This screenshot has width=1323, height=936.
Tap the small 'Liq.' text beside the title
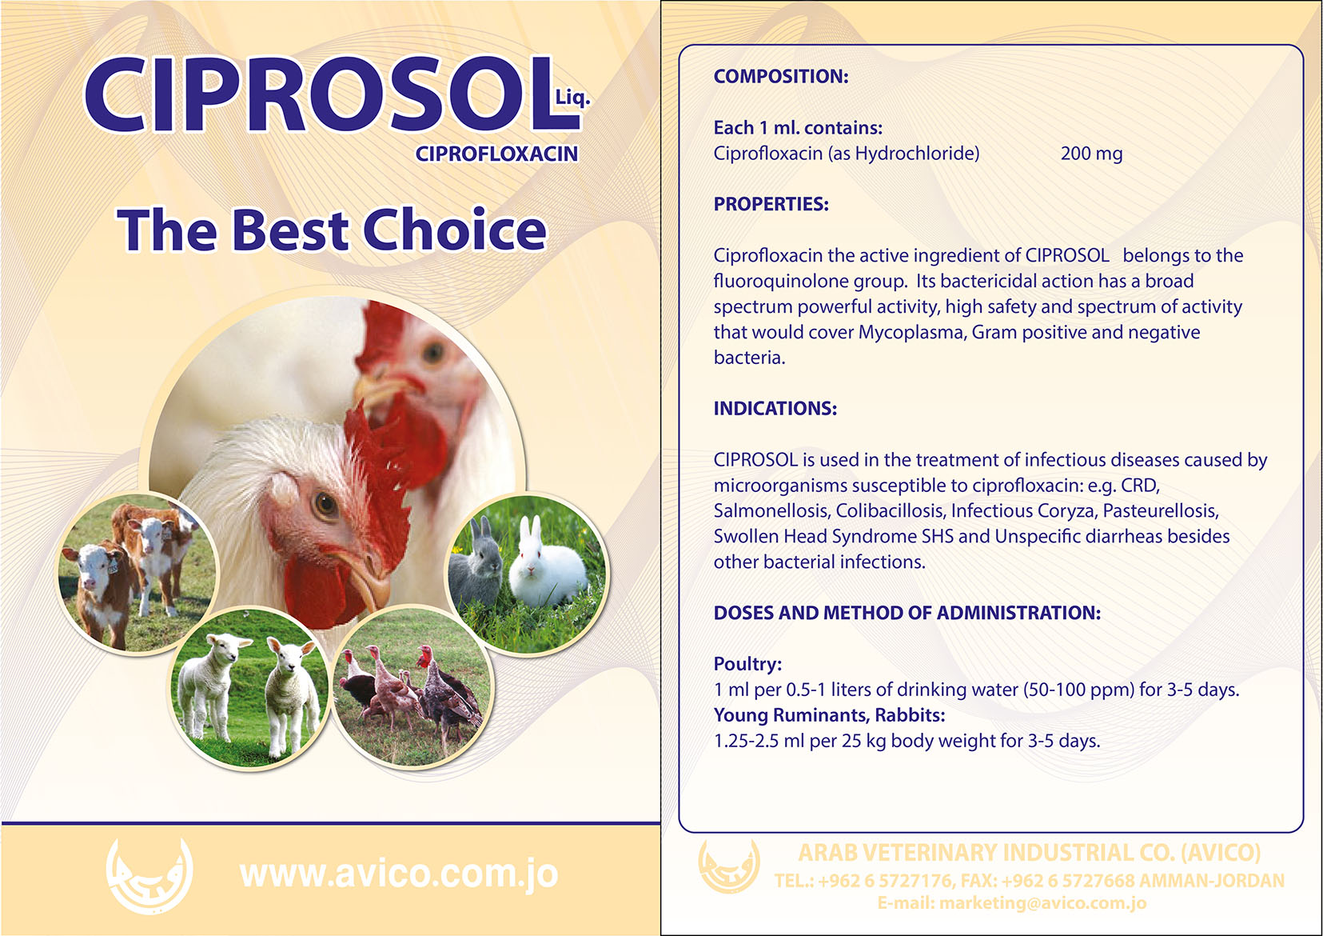pyautogui.click(x=573, y=98)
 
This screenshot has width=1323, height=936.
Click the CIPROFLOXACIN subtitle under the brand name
pyautogui.click(x=496, y=154)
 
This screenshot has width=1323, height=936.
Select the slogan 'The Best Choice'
pyautogui.click(x=331, y=230)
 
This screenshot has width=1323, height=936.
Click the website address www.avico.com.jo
pyautogui.click(x=399, y=875)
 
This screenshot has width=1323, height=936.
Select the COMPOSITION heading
pyautogui.click(x=781, y=76)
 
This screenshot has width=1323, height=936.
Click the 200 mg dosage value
pyautogui.click(x=1091, y=154)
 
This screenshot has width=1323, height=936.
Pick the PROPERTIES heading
pyautogui.click(x=771, y=204)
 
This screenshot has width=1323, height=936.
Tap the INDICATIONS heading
pyautogui.click(x=775, y=408)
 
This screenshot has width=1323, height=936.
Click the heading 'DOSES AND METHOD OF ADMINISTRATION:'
pyautogui.click(x=907, y=613)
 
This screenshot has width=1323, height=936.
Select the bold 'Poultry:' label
pyautogui.click(x=747, y=664)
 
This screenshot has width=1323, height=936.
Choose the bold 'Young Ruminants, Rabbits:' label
pyautogui.click(x=829, y=715)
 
